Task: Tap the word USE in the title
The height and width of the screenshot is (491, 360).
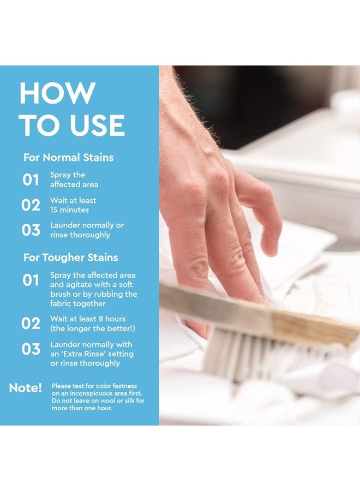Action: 97,125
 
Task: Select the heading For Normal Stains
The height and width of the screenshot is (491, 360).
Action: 68,157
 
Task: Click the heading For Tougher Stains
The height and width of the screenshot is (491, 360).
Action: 70,258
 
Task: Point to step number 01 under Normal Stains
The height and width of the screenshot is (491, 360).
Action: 31,179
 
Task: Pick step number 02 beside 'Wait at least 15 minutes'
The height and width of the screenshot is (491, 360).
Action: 31,205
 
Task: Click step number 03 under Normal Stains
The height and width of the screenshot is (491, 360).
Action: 31,230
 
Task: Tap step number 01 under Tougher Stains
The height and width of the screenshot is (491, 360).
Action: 31,280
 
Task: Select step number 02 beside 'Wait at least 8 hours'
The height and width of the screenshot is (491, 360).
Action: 31,324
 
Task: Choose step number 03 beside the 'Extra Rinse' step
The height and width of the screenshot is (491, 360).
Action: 31,349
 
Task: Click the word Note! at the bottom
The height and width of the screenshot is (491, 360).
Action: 25,388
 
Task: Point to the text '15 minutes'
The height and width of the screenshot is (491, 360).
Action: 69,210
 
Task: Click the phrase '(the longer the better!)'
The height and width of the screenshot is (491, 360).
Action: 93,328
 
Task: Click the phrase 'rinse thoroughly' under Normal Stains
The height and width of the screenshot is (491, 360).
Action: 80,235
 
